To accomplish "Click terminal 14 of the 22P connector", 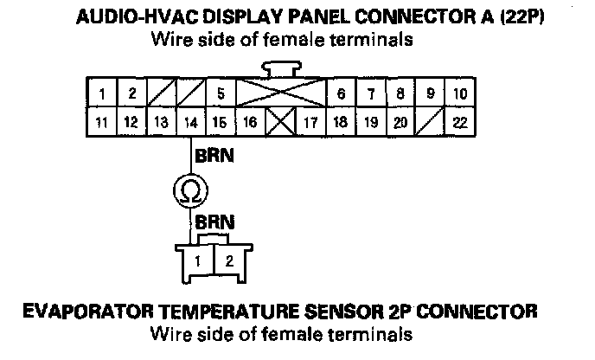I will (191, 123).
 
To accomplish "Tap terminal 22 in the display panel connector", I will (460, 123).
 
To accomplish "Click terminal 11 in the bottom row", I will (102, 123).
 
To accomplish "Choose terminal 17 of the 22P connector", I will (310, 123).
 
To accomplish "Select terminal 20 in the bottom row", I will (400, 123).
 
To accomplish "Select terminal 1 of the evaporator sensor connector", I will (198, 259).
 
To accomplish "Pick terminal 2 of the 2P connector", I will (228, 259).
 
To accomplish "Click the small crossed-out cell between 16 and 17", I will (279, 123).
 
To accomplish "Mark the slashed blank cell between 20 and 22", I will (430, 123).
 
